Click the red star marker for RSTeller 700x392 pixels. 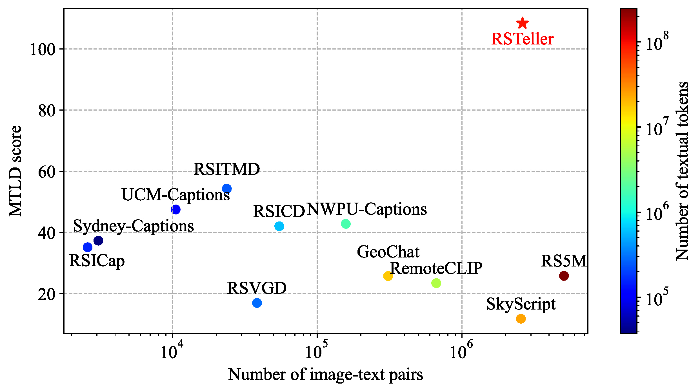point(523,23)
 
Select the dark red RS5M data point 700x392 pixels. point(564,276)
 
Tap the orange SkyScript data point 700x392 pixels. point(521,319)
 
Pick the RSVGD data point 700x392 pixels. point(257,303)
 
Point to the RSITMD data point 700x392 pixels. point(227,189)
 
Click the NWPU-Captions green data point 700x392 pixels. point(346,224)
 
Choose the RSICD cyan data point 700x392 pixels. point(279,226)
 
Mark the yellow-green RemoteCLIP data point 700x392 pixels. point(436,283)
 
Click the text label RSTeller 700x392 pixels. point(522,39)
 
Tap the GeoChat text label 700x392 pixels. point(388,252)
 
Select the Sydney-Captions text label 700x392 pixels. point(133,226)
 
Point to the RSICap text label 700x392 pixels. point(97,261)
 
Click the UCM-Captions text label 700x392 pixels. point(175,194)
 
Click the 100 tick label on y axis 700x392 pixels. point(43,50)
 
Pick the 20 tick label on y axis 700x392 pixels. point(47,294)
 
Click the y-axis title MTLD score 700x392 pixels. point(15,171)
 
